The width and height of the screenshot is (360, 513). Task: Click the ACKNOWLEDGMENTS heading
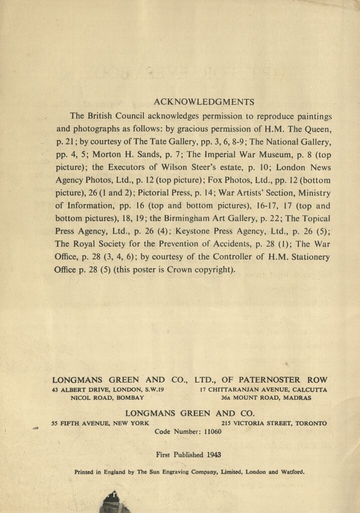click(204, 102)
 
